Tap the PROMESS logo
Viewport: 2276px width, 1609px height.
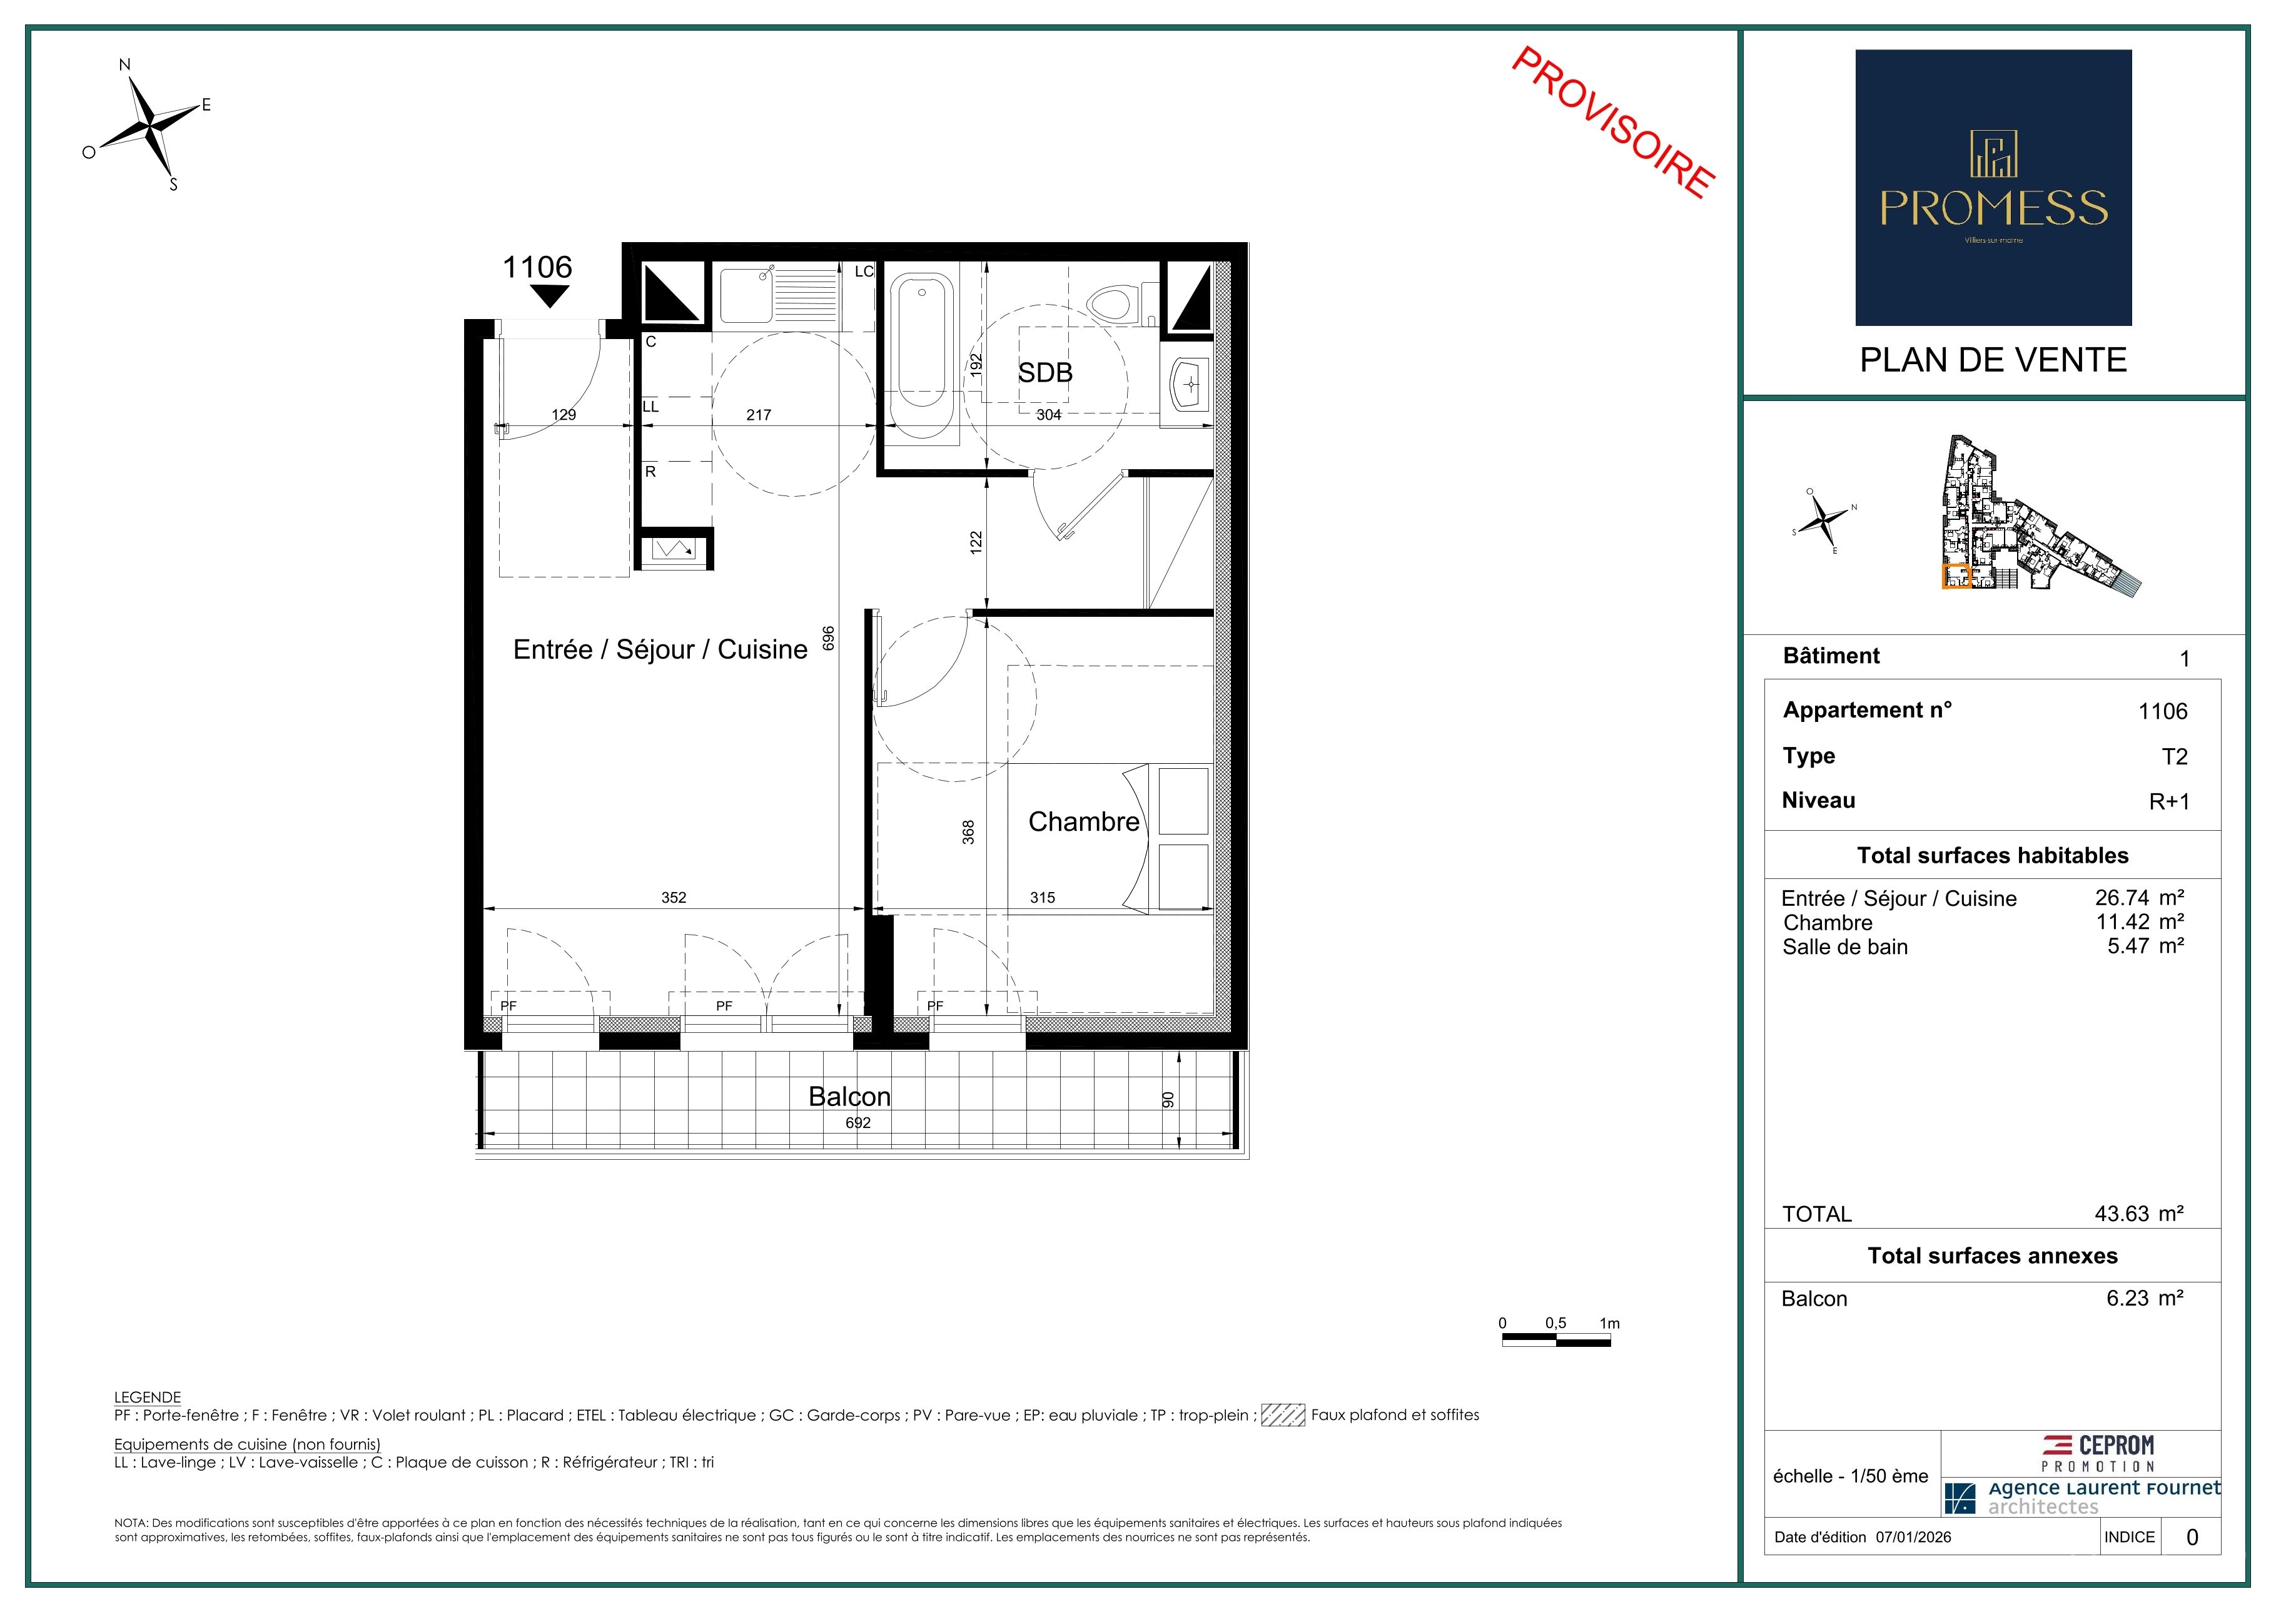tap(1993, 188)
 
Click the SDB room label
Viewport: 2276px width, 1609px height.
tap(1045, 373)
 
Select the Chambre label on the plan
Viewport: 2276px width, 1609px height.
tap(1083, 822)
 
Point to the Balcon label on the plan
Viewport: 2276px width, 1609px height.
tap(849, 1097)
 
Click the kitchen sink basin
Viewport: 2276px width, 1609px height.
tap(746, 295)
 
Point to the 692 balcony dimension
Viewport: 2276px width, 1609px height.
tap(859, 1123)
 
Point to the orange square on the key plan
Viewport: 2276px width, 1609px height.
tap(1956, 577)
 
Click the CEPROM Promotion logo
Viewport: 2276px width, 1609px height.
tap(2098, 1453)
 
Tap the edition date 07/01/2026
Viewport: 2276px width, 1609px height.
tap(1913, 1538)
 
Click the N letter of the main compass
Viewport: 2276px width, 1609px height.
tap(125, 66)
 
